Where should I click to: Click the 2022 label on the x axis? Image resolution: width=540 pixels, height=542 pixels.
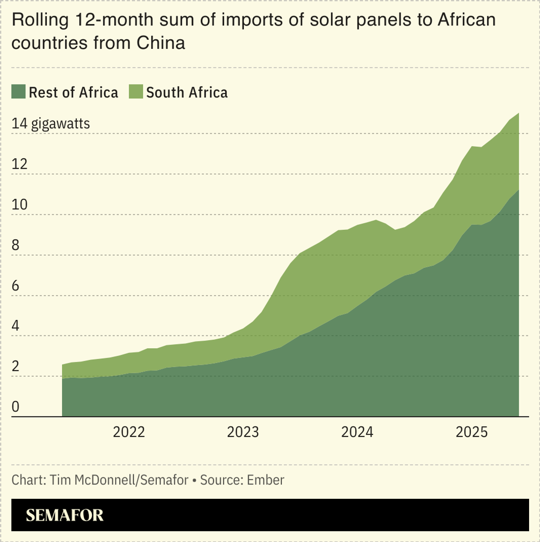129,432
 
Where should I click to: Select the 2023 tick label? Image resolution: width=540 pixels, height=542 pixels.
243,432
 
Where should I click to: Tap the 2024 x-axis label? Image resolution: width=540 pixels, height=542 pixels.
357,432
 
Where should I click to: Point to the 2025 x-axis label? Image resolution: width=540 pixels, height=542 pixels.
471,432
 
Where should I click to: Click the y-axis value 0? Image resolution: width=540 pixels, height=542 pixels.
16,407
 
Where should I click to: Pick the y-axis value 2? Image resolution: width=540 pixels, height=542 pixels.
16,366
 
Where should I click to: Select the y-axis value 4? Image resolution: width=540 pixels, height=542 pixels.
16,326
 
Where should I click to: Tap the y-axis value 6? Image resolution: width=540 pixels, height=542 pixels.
16,286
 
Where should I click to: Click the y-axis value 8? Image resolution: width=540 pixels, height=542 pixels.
16,245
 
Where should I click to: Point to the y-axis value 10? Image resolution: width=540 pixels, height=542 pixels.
20,205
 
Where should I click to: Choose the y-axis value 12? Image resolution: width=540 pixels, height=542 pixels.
20,164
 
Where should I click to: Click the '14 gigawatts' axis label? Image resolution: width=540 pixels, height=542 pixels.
51,124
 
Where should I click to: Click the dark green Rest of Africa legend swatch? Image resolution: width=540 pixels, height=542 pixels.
18,92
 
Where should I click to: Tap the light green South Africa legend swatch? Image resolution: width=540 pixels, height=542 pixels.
136,92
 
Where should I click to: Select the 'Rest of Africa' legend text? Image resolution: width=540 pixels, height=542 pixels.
73,92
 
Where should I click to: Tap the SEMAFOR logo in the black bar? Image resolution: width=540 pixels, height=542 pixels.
64,515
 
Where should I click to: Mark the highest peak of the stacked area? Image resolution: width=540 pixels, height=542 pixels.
519,114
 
